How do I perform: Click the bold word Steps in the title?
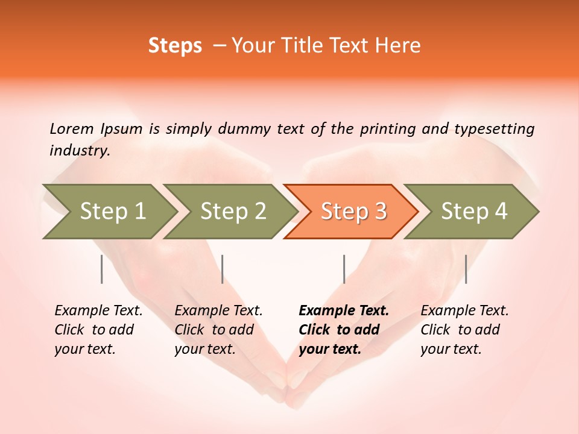click(175, 46)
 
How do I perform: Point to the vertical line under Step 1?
click(102, 269)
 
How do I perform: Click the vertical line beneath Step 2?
click(223, 269)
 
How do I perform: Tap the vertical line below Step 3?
click(344, 269)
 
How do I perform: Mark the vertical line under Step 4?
click(466, 269)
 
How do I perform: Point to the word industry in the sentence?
click(79, 150)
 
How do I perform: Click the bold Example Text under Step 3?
click(344, 311)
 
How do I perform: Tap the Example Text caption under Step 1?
click(98, 311)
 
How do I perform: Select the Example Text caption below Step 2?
click(218, 311)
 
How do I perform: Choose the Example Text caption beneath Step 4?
click(464, 311)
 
